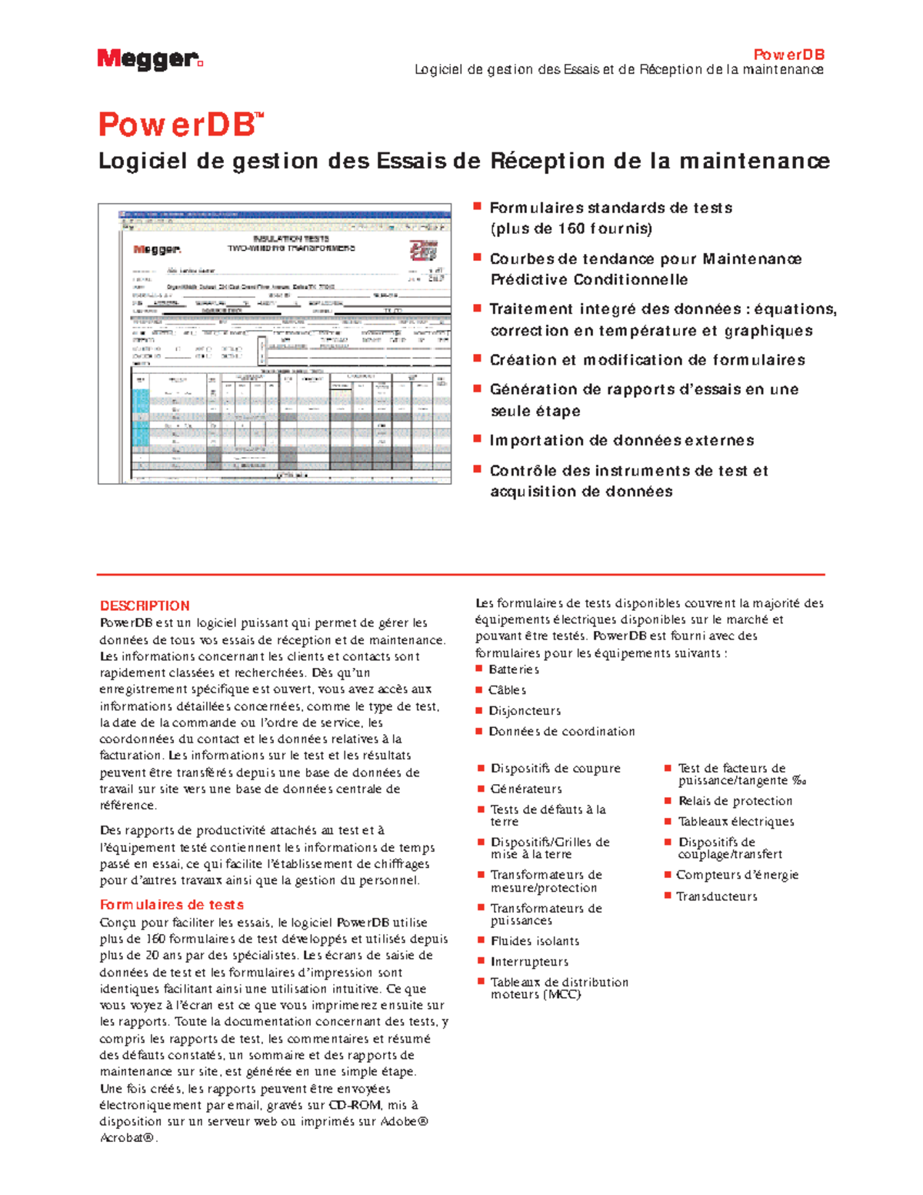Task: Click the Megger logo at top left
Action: (x=149, y=59)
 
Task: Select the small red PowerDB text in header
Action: (x=788, y=55)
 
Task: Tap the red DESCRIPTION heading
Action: (x=145, y=606)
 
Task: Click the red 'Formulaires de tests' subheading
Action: (x=172, y=905)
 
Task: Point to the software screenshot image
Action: (x=275, y=344)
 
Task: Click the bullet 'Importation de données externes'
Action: (x=621, y=441)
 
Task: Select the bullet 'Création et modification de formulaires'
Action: (x=648, y=360)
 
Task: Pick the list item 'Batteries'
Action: (x=514, y=669)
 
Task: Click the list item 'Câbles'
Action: (x=508, y=690)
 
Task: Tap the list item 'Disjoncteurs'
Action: (x=525, y=711)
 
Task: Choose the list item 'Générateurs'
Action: (x=526, y=789)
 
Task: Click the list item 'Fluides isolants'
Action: (x=535, y=941)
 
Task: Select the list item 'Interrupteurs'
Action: (x=529, y=962)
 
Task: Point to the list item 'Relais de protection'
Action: (x=735, y=801)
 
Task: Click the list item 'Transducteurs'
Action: (x=716, y=896)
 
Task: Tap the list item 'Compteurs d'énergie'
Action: (x=737, y=875)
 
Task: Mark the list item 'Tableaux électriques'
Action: (x=736, y=822)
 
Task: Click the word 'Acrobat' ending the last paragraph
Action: (x=125, y=1138)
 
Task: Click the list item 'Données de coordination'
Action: (x=561, y=732)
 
